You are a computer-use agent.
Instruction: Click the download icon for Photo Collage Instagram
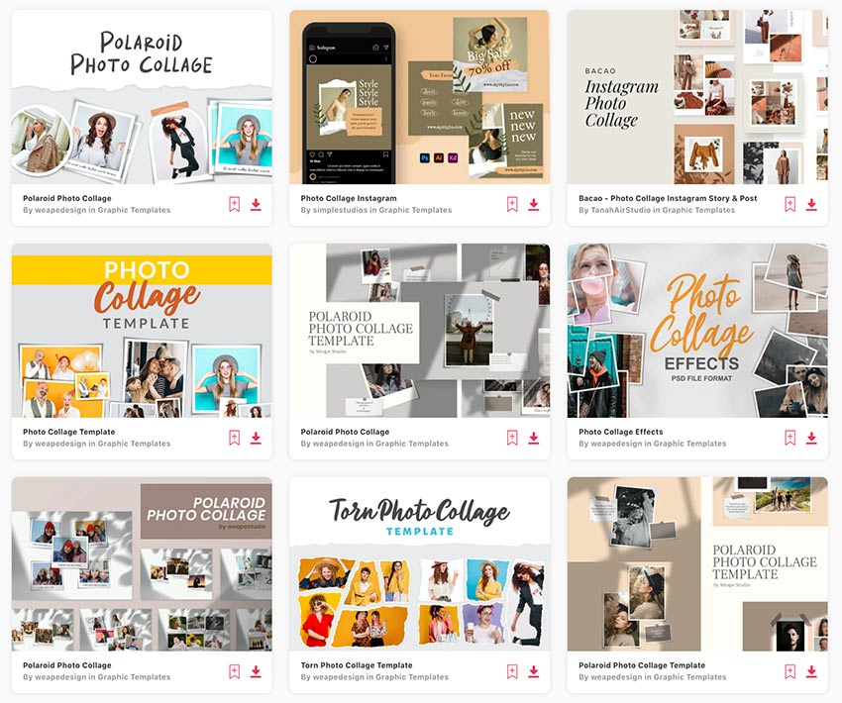click(533, 204)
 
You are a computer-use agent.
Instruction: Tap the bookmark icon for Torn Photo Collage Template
click(512, 671)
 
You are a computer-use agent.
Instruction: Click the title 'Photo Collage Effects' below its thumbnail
click(620, 432)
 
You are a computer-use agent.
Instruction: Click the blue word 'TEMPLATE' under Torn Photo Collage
click(419, 531)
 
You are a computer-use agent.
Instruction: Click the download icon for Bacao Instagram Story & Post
click(811, 204)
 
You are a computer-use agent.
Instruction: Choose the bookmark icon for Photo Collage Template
click(234, 438)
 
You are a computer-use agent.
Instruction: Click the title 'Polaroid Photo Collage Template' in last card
click(642, 665)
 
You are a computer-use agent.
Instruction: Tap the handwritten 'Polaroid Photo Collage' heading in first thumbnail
click(142, 53)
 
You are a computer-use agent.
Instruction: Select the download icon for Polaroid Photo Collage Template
click(811, 671)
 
